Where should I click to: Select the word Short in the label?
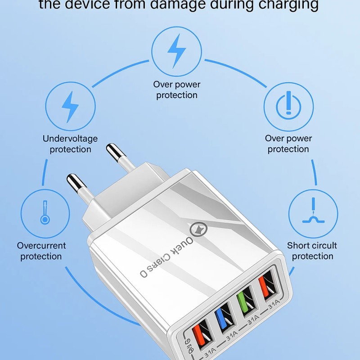click(298, 246)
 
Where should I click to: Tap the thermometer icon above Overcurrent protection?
click(45, 213)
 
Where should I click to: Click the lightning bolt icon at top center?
click(176, 50)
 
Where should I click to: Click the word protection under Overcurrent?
click(41, 256)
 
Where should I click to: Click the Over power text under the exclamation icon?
click(288, 139)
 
